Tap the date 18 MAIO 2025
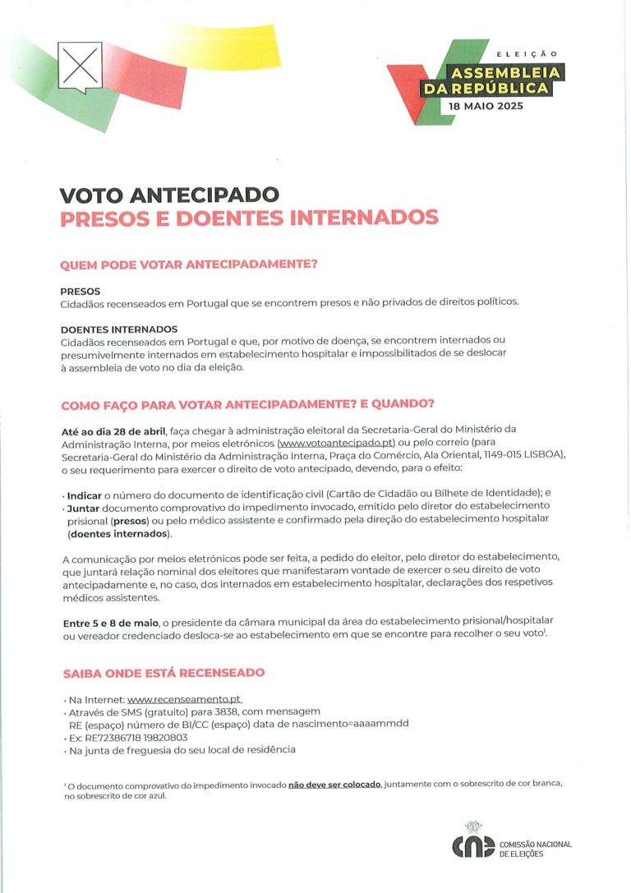point(486,107)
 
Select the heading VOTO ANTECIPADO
point(169,196)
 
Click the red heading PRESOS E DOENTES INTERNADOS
point(249,218)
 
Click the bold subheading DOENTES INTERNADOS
point(118,329)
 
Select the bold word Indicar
point(84,493)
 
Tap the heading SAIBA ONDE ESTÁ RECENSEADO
point(164,673)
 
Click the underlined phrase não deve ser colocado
point(334,785)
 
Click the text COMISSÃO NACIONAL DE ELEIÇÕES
point(535,849)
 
